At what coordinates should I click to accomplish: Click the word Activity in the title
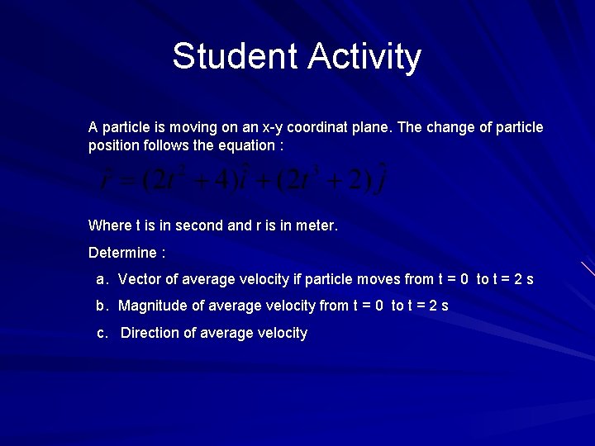pyautogui.click(x=364, y=57)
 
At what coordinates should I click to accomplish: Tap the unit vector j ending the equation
pyautogui.click(x=381, y=181)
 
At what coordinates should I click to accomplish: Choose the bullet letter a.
pyautogui.click(x=102, y=279)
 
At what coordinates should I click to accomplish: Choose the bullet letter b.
pyautogui.click(x=102, y=306)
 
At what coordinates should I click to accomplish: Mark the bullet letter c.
pyautogui.click(x=102, y=333)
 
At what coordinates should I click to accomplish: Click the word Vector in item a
pyautogui.click(x=140, y=279)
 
